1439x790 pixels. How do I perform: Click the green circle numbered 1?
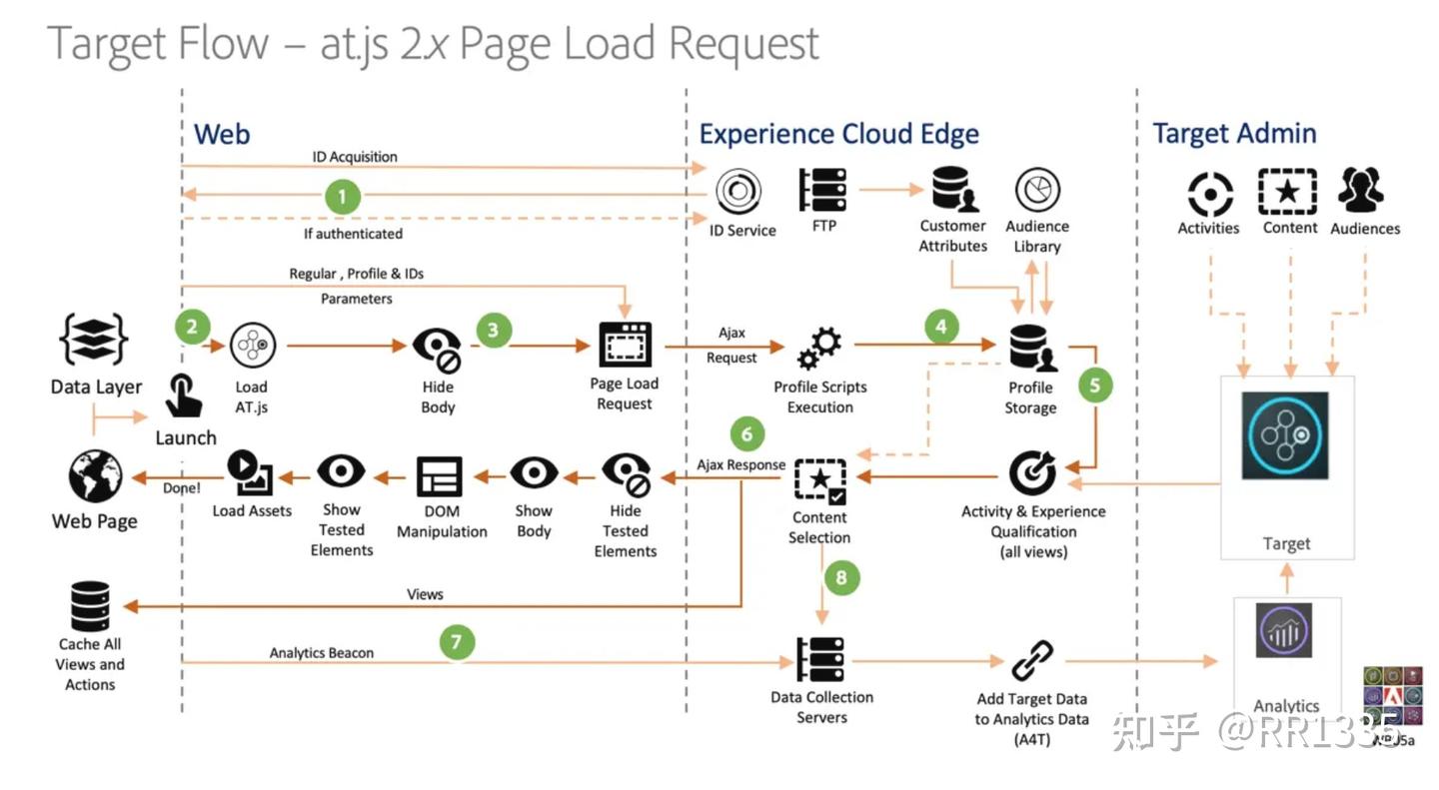342,197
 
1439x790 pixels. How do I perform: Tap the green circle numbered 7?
457,641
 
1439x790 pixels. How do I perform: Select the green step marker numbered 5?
1095,386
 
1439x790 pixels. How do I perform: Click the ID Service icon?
738,191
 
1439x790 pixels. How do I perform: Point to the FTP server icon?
823,190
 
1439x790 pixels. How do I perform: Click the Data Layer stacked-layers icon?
94,340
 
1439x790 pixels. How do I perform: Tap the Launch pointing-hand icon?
183,395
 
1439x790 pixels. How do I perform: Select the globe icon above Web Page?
95,476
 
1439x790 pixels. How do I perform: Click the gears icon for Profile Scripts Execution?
819,349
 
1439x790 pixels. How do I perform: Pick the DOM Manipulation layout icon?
440,476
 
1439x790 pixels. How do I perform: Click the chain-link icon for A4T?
1032,660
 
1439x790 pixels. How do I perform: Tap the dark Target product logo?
1285,435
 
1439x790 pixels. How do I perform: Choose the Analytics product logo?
1283,630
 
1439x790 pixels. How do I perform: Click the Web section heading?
222,134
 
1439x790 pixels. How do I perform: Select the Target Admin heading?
1234,134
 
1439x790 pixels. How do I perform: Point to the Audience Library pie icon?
1037,190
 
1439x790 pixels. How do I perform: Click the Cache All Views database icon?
90,606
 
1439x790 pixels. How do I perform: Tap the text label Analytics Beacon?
321,652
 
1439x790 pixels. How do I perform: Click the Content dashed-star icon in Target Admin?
1287,192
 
